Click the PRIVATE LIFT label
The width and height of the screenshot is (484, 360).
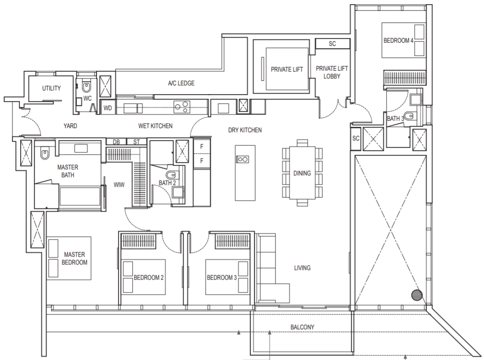(x=287, y=69)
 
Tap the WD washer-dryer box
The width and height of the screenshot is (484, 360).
(x=108, y=108)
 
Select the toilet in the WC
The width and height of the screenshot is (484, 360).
(x=87, y=87)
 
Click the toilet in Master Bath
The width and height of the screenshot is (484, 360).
(x=45, y=153)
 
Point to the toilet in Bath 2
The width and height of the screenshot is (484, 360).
(x=170, y=175)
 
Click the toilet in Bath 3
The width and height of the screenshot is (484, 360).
(x=410, y=116)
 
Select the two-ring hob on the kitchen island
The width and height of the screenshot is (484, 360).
(x=242, y=159)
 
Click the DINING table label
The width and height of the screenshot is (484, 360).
(x=302, y=173)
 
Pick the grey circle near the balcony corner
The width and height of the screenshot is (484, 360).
(x=417, y=295)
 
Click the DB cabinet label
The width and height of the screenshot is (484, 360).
(x=116, y=142)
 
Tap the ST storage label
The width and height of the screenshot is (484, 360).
(x=136, y=142)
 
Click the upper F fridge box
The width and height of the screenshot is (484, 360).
(x=202, y=146)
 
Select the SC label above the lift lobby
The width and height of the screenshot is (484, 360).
(x=332, y=44)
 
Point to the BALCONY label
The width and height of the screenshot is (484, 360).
(x=302, y=327)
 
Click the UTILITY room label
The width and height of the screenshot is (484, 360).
(x=51, y=88)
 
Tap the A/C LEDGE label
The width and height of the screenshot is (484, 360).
(x=181, y=84)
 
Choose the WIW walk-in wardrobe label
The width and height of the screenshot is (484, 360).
(x=119, y=185)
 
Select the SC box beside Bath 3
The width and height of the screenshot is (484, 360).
(x=356, y=138)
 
